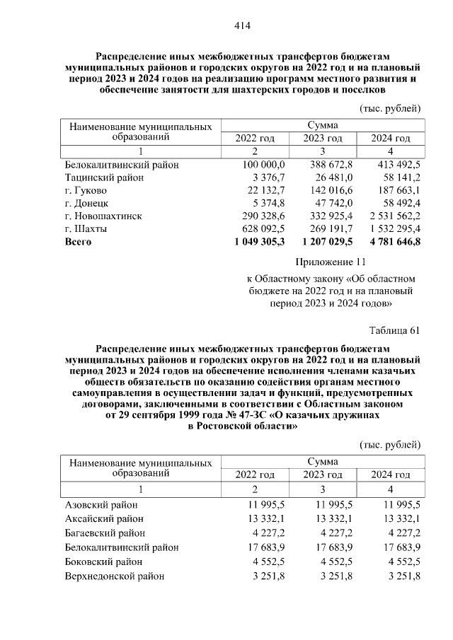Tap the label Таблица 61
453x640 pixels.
click(395, 330)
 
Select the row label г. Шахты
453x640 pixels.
click(86, 228)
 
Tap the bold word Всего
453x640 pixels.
click(79, 241)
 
